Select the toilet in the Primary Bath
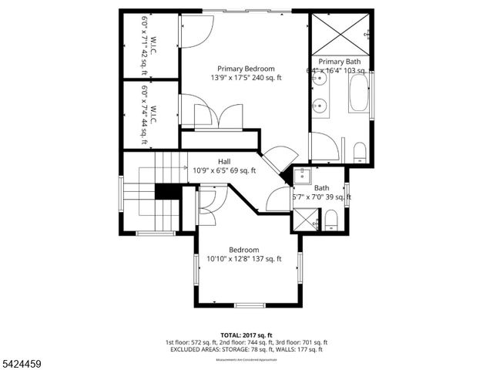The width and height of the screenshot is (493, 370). coord(360,151)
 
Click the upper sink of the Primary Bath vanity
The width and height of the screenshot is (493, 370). coord(319,82)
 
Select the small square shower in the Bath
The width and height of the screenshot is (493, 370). coord(306,220)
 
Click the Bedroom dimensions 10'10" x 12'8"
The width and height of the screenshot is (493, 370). coord(244,259)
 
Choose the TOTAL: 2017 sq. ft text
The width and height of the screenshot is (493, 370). coord(246,335)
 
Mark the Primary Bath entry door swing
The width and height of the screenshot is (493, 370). coord(324,146)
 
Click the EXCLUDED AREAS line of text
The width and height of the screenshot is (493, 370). coord(246,349)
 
